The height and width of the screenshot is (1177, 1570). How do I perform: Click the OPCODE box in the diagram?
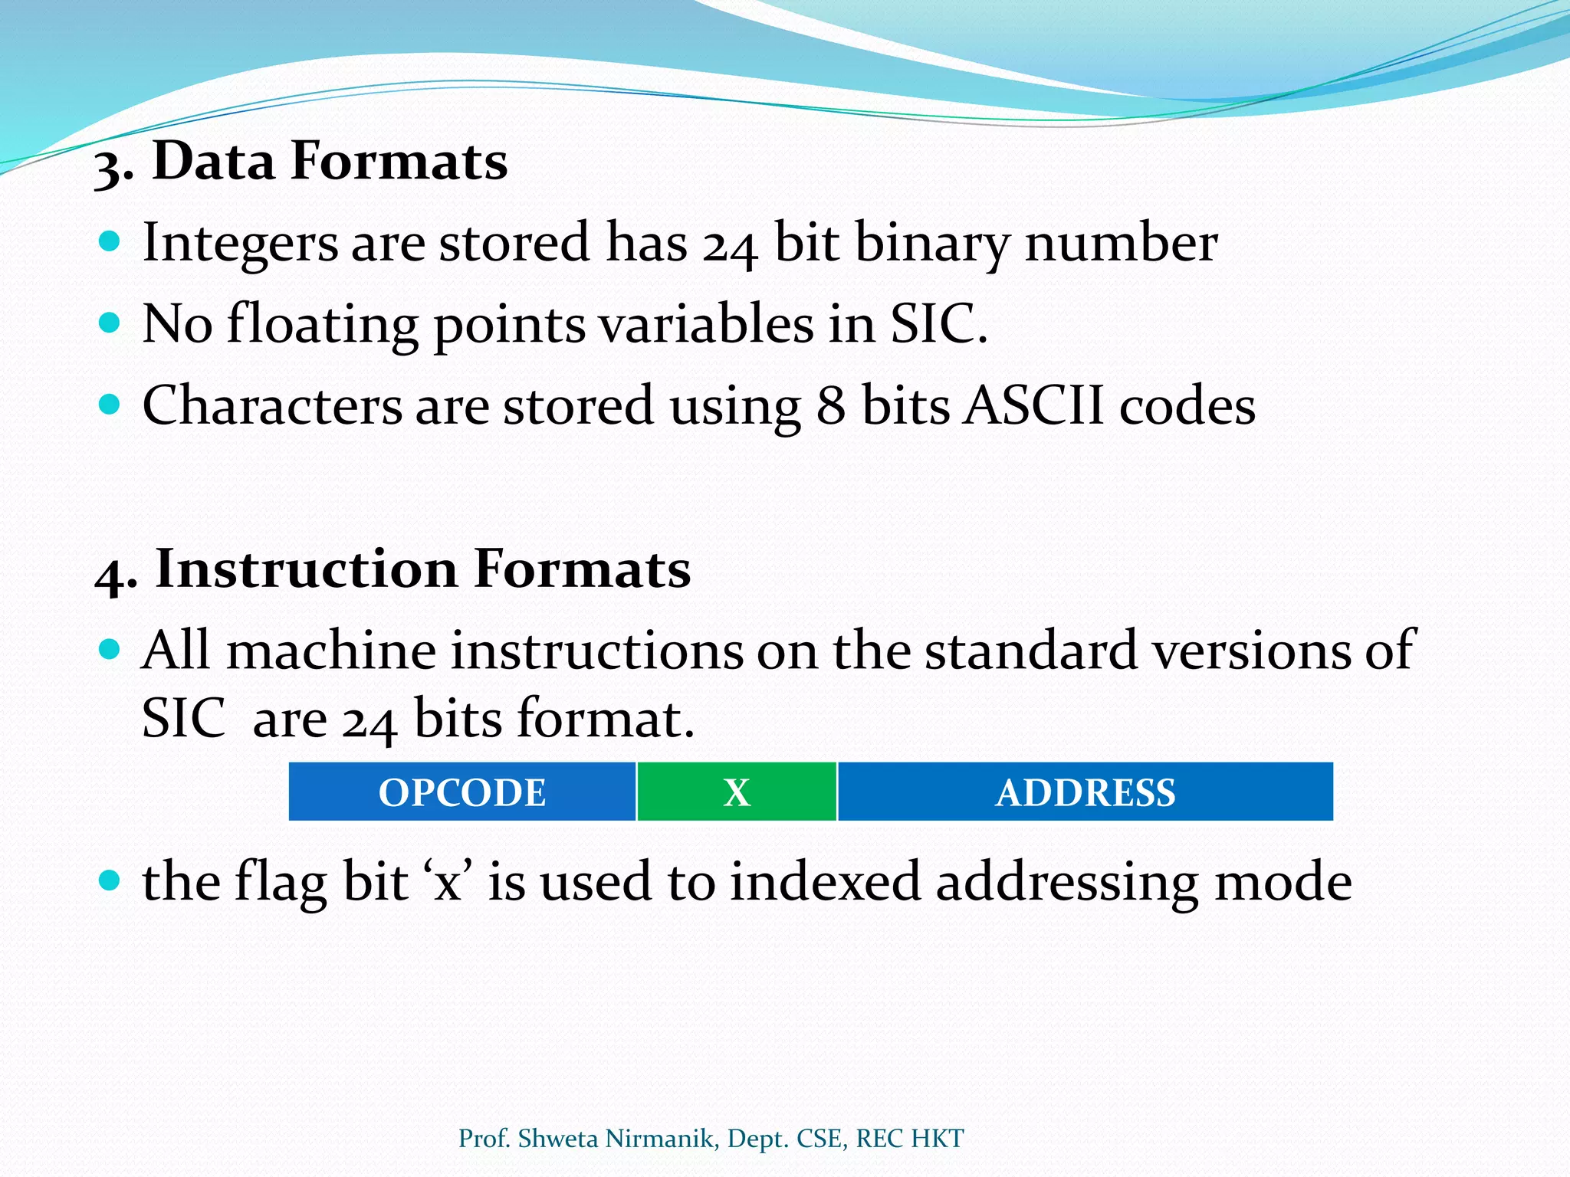pos(462,792)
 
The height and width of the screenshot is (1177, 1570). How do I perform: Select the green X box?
pos(737,792)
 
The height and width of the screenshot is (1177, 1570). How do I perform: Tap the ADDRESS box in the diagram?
pos(1085,792)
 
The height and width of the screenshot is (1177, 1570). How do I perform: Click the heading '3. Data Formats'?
pos(301,162)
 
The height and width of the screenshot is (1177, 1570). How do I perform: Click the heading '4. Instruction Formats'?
pos(392,569)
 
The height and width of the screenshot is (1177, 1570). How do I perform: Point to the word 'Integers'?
pos(240,243)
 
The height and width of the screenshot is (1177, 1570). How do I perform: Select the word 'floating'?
pos(322,325)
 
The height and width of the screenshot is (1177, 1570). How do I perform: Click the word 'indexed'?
pos(824,881)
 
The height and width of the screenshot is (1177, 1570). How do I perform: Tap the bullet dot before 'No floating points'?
pos(110,322)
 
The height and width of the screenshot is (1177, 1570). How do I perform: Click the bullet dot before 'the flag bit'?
pos(110,879)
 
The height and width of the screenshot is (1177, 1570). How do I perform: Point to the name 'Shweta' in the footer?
pos(557,1139)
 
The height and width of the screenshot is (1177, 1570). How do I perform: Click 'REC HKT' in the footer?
pos(909,1139)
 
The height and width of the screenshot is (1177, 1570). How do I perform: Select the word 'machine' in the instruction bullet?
pos(331,651)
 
